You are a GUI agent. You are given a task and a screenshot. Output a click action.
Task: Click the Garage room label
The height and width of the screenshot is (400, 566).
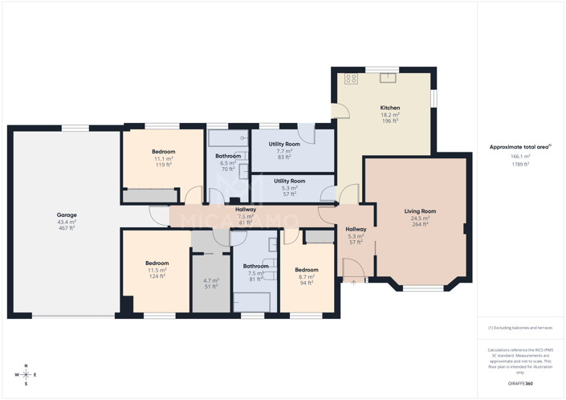pos(67,214)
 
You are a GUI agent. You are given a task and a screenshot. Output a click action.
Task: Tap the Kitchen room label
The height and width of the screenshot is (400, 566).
pos(390,108)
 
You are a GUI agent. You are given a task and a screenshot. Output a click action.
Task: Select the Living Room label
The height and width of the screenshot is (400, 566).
pos(420,211)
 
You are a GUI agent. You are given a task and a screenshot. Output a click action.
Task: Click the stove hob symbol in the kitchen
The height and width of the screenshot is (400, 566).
pos(351,79)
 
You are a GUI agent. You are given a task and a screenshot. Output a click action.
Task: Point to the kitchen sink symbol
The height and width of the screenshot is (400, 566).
pos(388,78)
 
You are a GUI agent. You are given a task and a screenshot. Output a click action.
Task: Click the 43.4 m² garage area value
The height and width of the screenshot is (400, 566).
pos(67,222)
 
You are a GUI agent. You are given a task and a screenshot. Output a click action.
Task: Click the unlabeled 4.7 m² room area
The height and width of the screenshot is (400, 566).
pos(211,280)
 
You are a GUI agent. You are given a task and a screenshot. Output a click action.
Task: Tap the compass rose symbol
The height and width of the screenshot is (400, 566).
pos(26,375)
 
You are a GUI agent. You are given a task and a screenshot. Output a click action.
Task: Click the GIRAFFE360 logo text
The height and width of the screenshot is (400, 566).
pos(520,383)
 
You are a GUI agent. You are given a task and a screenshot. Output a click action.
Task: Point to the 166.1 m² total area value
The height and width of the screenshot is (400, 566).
pos(520,157)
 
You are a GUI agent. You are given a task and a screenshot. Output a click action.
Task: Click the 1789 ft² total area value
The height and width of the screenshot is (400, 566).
pos(520,165)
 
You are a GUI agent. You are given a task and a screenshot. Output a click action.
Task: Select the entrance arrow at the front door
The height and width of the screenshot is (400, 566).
pos(353,283)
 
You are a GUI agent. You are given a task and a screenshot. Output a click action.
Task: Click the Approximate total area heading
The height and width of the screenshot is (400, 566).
pos(520,147)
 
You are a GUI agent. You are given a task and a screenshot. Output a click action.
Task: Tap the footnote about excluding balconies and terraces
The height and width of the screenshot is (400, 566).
pos(520,328)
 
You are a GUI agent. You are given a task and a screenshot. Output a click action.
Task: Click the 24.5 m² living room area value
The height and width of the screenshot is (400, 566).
pos(420,218)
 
